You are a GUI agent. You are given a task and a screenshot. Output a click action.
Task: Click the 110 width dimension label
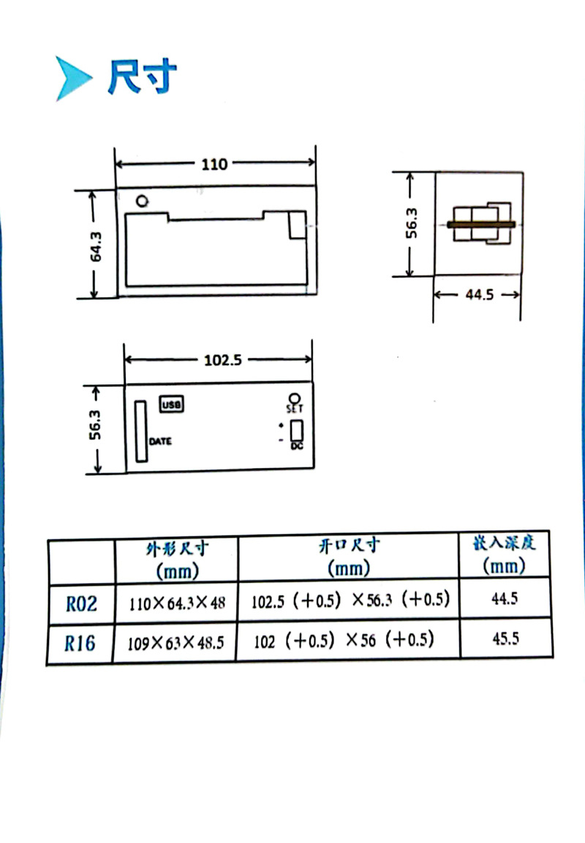tap(214, 164)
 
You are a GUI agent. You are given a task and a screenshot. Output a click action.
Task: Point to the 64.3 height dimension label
tap(95, 246)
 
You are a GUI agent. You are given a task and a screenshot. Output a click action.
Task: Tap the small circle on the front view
tap(142, 201)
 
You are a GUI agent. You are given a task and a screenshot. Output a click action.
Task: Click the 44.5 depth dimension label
tap(479, 294)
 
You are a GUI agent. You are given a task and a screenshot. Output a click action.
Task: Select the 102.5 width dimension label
tap(223, 359)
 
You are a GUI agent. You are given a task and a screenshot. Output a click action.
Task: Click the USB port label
tap(172, 404)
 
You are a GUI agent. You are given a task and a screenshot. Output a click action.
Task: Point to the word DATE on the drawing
tap(160, 441)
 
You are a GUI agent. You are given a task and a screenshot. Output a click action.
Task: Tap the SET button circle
tap(295, 399)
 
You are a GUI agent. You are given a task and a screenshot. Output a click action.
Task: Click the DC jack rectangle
tap(297, 430)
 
